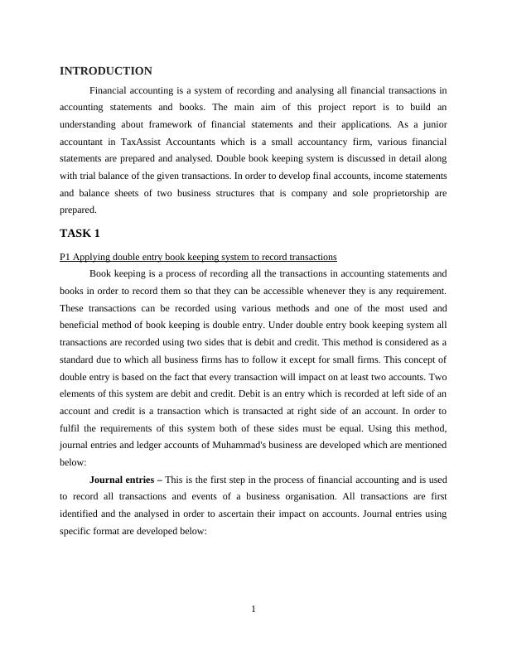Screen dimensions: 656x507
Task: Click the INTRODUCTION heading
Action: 106,71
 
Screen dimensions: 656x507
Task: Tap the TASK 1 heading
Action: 80,233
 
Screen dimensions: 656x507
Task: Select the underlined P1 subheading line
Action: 198,257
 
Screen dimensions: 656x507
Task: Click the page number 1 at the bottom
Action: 254,610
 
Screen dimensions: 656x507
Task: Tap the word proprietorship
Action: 393,194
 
